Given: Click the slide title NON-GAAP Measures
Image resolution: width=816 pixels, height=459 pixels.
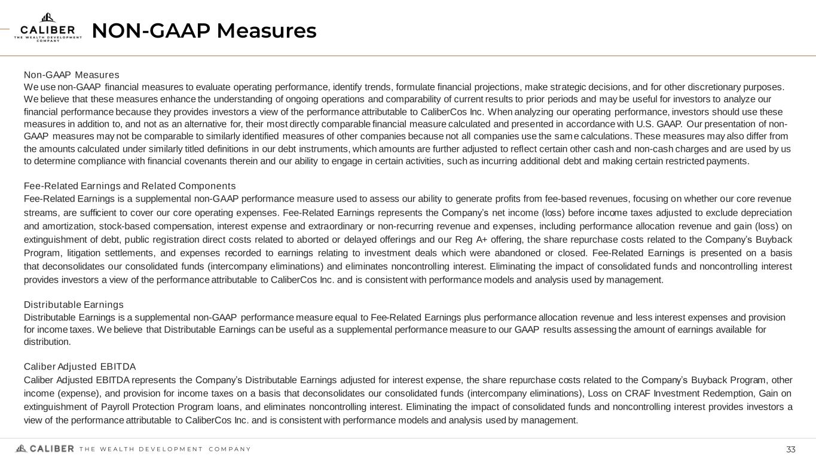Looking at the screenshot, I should click(204, 30).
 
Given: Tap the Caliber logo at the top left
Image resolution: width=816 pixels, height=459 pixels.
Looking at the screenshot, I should click(48, 27).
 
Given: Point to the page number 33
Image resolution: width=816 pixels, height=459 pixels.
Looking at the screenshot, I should click(791, 449).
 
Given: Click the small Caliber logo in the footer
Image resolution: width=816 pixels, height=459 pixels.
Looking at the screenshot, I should click(45, 449).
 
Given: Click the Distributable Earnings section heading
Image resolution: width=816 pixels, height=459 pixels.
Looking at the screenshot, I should click(74, 305).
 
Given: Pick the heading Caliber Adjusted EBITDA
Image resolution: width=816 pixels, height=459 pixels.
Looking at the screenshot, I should click(80, 366).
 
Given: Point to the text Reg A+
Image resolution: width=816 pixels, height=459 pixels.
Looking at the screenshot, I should click(481, 239).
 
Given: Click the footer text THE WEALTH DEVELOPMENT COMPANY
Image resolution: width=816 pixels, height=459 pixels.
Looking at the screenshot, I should click(165, 449).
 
